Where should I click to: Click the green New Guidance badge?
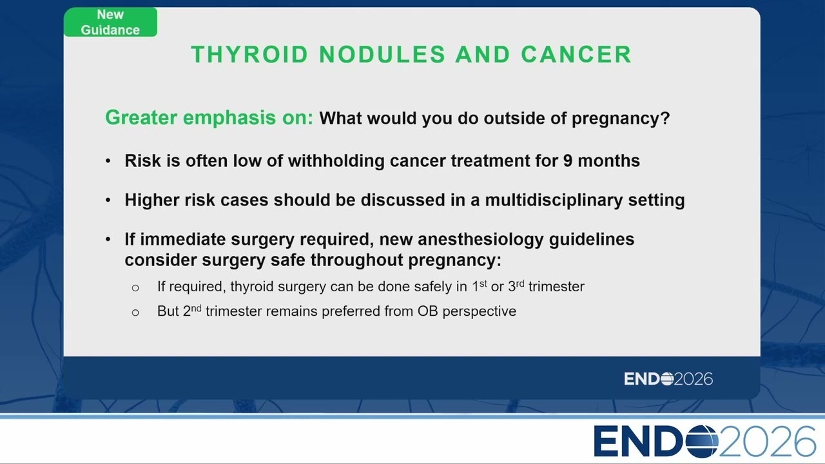pos(110,22)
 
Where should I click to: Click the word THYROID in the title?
pos(249,55)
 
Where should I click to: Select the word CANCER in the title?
pos(576,55)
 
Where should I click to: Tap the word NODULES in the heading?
pos(382,55)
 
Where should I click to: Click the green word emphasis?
pos(229,118)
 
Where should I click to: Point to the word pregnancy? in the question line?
pos(621,119)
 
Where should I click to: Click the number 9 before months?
pos(568,161)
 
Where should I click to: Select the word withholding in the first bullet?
pos(336,161)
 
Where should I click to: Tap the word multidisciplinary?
pos(554,200)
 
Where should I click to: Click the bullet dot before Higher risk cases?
pos(108,200)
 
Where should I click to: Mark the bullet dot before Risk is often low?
pos(108,161)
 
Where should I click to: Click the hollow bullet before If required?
pos(135,287)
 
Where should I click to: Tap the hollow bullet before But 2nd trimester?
pos(135,313)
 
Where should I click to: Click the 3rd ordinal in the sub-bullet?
pos(516,285)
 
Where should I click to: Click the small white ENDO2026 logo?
pos(668,379)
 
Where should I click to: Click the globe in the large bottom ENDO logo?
pos(703,441)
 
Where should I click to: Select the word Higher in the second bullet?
pos(151,200)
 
